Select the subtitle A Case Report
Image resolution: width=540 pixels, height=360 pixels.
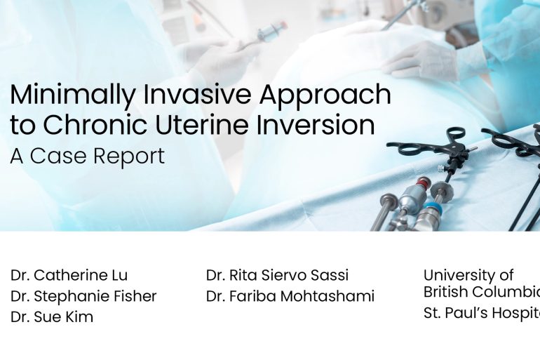(x=88, y=156)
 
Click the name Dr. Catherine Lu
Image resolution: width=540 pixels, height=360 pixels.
(x=69, y=275)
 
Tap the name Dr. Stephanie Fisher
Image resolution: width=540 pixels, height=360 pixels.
(x=83, y=296)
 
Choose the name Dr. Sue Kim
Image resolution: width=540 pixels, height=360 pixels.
(x=52, y=317)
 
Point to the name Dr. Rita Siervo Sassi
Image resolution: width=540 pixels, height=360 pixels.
(x=277, y=275)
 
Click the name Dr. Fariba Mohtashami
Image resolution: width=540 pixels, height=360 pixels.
(x=290, y=296)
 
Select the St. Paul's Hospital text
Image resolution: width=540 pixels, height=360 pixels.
(x=481, y=313)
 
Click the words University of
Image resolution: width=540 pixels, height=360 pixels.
(x=468, y=275)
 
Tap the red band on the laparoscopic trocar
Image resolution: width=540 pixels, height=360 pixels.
(x=421, y=183)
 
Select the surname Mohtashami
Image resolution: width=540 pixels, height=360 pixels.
(x=328, y=296)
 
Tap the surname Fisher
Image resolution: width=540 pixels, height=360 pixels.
(x=134, y=296)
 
